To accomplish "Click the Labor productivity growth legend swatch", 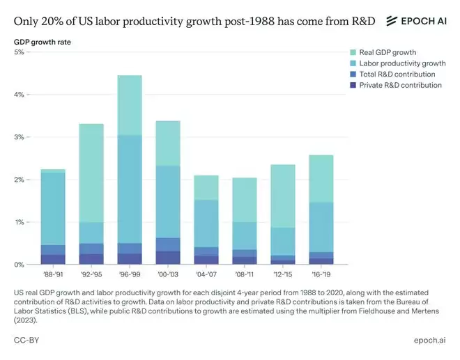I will pos(353,63).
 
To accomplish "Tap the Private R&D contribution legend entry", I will pos(401,85).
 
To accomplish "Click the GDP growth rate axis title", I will pos(42,42).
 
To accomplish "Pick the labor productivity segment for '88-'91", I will pos(53,208).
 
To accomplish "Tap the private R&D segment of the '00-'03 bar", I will pos(167,258).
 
